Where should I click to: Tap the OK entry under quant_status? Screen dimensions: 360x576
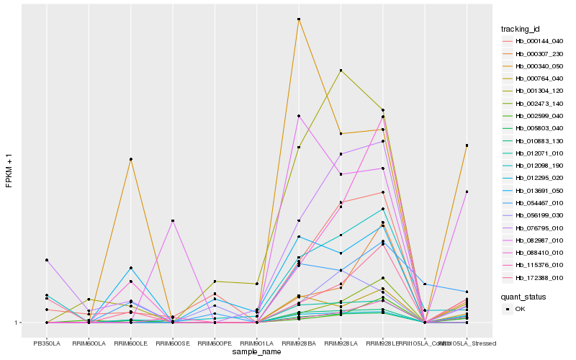click(x=521, y=309)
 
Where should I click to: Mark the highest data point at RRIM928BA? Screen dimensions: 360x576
click(x=299, y=19)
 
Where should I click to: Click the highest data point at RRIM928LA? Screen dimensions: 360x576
click(x=341, y=70)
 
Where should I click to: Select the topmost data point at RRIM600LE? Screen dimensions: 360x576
click(x=130, y=159)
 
